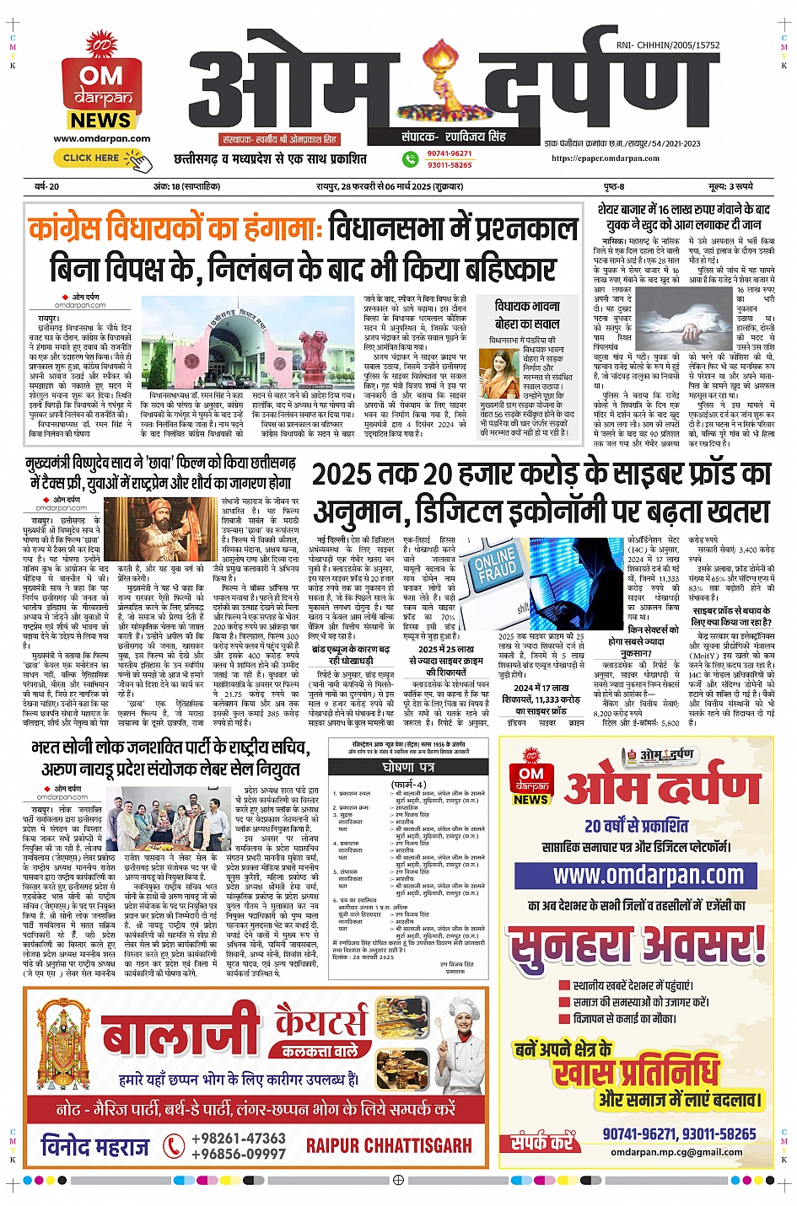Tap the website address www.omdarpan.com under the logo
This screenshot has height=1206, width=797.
102,139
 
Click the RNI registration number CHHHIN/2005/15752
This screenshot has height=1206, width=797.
668,46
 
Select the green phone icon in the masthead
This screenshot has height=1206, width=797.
410,158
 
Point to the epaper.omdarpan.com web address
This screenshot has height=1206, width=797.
606,158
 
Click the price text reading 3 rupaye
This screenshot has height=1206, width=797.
730,186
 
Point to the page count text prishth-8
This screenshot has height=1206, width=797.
613,186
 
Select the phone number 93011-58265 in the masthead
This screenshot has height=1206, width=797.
450,165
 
